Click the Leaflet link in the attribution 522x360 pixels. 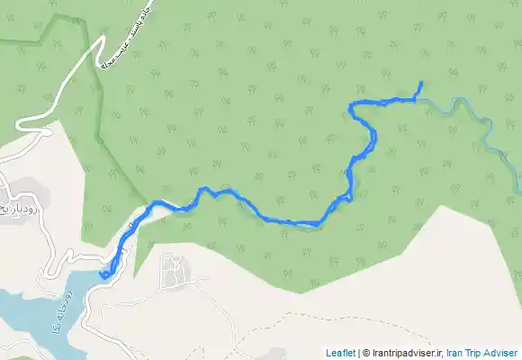point(339,353)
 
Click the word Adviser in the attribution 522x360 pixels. point(501,353)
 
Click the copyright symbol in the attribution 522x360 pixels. point(365,353)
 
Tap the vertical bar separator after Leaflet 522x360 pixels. point(357,353)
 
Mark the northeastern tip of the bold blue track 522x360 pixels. point(420,83)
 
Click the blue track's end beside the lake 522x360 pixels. point(104,274)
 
